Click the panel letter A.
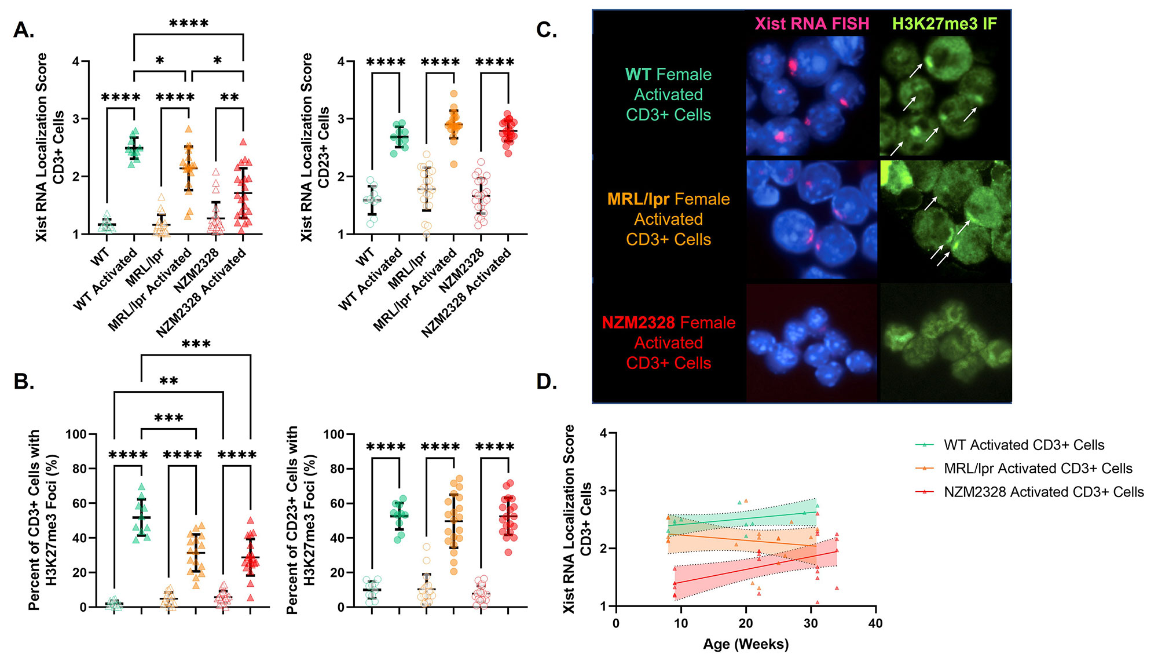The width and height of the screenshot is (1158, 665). click(x=24, y=30)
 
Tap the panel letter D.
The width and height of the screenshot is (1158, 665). click(x=547, y=382)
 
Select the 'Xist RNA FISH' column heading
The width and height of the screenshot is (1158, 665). click(x=812, y=24)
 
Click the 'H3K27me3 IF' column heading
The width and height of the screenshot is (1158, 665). click(x=944, y=24)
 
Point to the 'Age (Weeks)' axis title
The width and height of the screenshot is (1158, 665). click(x=746, y=644)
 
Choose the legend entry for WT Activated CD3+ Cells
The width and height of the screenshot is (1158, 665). click(x=1024, y=445)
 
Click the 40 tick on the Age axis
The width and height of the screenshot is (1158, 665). click(x=875, y=623)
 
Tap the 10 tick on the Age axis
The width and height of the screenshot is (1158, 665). click(x=681, y=623)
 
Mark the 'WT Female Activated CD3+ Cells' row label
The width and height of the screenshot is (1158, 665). click(x=668, y=94)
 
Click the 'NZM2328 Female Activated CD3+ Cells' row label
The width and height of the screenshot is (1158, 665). click(x=668, y=342)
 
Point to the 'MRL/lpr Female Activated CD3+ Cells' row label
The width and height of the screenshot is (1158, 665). click(x=668, y=219)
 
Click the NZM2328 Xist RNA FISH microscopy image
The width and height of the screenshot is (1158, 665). click(x=812, y=342)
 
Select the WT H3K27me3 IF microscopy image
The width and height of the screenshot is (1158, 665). click(x=945, y=96)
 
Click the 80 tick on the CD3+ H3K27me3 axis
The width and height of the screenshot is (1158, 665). click(x=79, y=469)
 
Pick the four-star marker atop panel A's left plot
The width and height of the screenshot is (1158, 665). click(x=189, y=24)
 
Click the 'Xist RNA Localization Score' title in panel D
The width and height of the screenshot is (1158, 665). click(x=569, y=518)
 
